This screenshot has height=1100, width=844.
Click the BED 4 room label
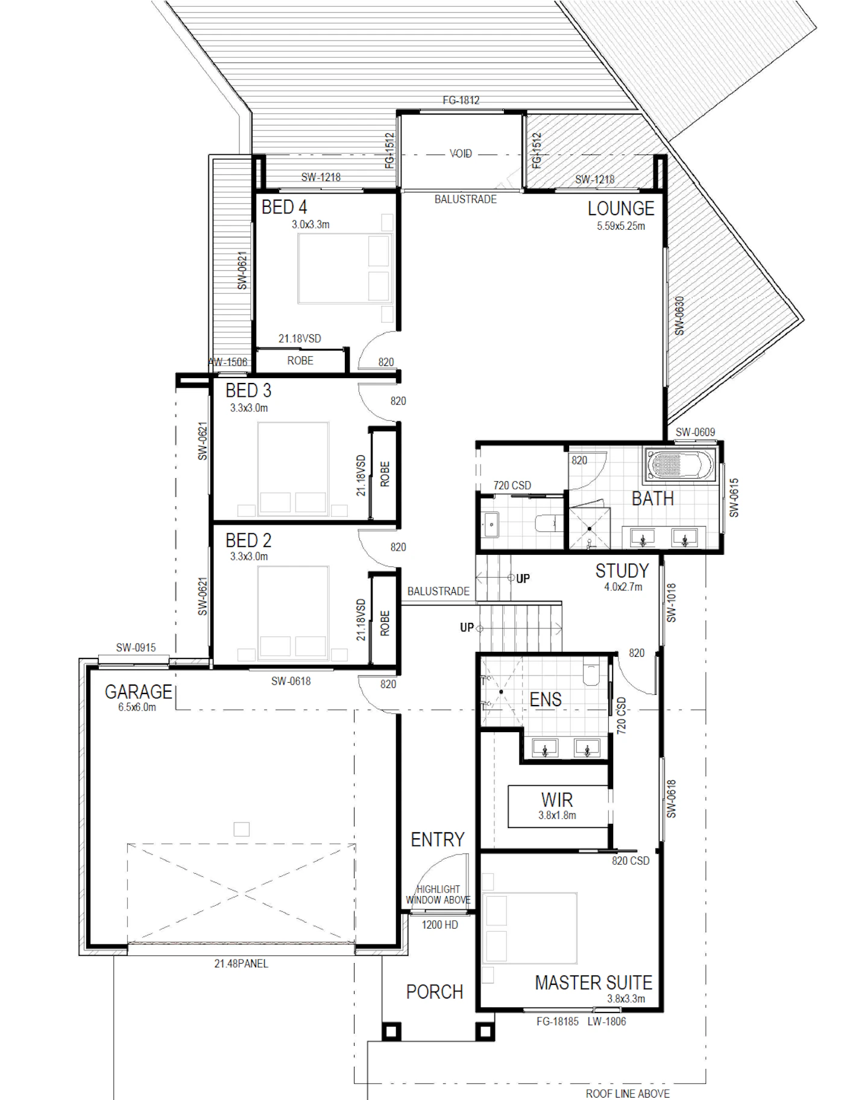click(284, 207)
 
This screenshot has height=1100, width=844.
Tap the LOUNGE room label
click(621, 209)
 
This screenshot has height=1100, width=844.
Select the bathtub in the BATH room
click(678, 465)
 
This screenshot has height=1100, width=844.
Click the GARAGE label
click(138, 692)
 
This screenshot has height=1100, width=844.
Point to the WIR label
click(557, 800)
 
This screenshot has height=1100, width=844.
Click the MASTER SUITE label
click(594, 983)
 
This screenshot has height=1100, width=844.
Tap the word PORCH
click(434, 992)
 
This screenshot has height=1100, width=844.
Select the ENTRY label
click(438, 839)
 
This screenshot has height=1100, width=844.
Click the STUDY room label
click(622, 571)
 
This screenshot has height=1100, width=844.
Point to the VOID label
click(461, 154)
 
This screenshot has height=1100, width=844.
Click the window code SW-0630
click(679, 315)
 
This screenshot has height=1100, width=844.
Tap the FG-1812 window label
click(461, 100)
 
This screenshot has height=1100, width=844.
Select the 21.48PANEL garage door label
click(241, 964)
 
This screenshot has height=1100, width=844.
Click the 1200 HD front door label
click(440, 925)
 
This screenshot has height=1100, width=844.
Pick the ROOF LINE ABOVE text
click(628, 1093)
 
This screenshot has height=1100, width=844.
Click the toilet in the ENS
click(591, 672)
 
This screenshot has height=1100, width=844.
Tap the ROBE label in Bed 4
click(300, 361)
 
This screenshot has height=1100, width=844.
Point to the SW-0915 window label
click(136, 648)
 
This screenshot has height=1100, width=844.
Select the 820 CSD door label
click(631, 861)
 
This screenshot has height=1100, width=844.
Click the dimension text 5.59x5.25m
click(621, 226)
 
